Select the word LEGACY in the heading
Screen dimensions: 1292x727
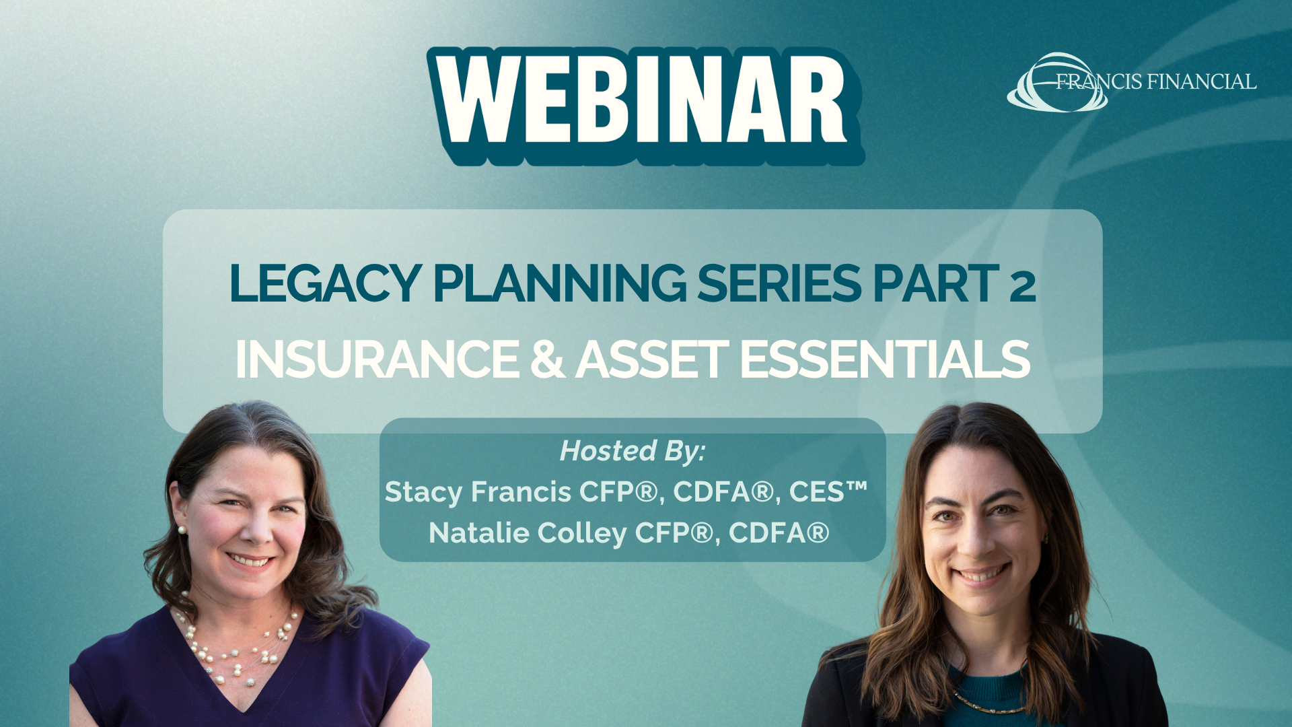[326, 283]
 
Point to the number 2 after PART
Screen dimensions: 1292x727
[1022, 285]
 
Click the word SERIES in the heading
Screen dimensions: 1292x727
[779, 283]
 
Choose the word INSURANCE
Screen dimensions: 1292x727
[378, 359]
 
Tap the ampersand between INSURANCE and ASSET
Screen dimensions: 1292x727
[548, 359]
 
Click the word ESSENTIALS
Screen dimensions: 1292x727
[885, 359]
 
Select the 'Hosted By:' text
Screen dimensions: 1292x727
[633, 451]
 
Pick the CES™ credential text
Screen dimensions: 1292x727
[828, 491]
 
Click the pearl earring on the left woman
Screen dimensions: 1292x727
[181, 530]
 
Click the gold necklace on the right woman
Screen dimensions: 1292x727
[989, 704]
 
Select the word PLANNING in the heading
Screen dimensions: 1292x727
[560, 283]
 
